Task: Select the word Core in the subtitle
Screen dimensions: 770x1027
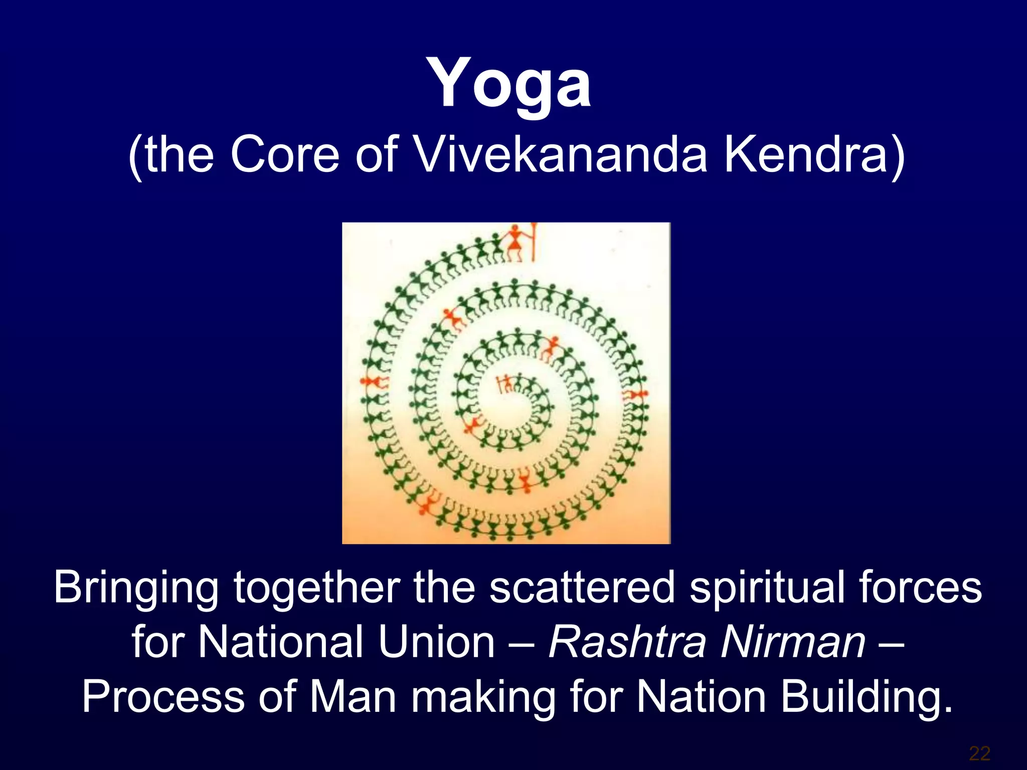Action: coord(285,154)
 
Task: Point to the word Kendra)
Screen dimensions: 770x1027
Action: coord(813,154)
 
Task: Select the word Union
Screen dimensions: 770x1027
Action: coord(436,643)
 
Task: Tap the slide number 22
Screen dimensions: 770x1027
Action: coord(979,753)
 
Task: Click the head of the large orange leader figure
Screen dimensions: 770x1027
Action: coord(515,230)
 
